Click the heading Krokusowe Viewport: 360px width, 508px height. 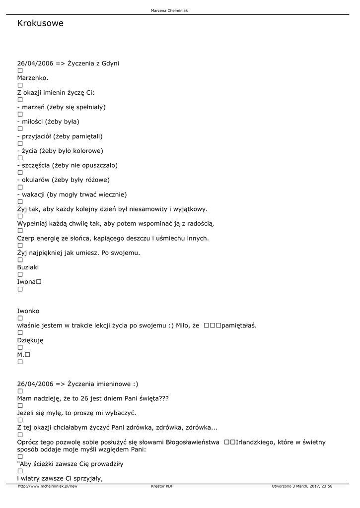coord(40,23)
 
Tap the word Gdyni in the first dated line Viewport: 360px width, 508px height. coord(110,63)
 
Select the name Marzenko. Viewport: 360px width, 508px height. coord(33,78)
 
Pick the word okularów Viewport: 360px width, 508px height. coord(35,180)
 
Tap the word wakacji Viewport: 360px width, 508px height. coord(34,194)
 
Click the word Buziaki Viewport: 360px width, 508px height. coord(28,267)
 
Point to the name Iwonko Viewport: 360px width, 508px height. coord(28,311)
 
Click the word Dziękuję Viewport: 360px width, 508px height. coord(30,340)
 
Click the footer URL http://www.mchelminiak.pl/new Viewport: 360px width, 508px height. coord(48,486)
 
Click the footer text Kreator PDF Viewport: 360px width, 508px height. coord(162,486)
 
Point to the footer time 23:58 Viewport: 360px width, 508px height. coord(326,486)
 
